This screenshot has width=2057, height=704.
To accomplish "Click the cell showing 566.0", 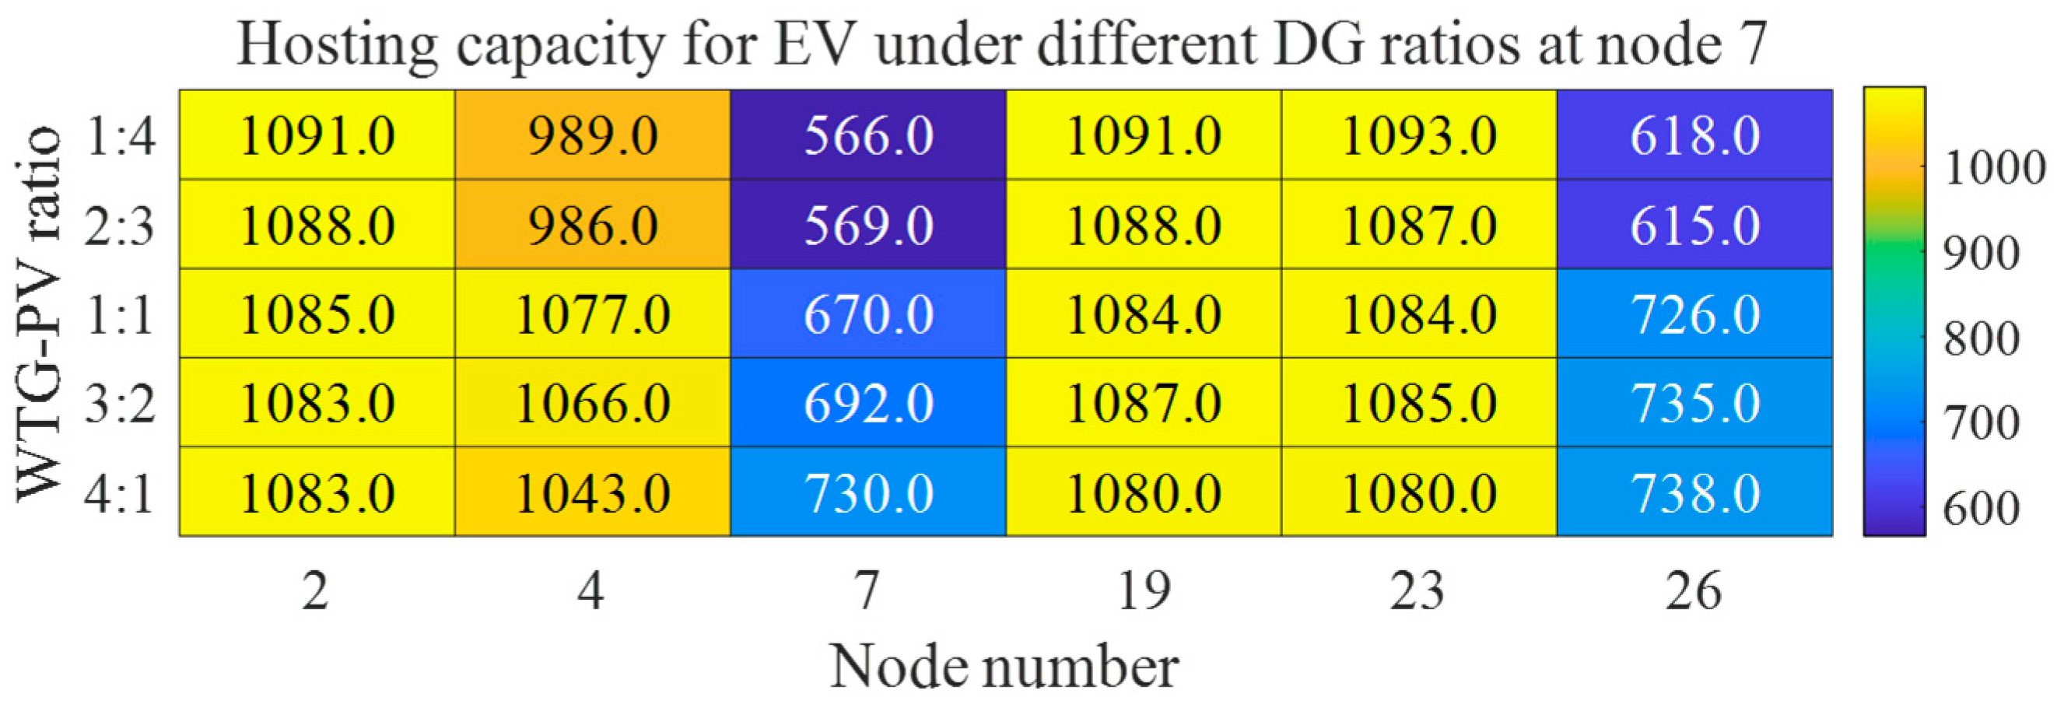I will [868, 135].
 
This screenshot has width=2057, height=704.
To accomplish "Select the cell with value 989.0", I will [593, 135].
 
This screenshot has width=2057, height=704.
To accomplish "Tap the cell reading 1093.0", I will [1419, 135].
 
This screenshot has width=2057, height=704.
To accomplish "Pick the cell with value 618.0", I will [1694, 135].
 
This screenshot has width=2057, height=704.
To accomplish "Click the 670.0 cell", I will [868, 313].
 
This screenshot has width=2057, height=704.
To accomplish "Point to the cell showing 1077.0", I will [593, 313].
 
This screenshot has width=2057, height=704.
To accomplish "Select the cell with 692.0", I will [868, 403].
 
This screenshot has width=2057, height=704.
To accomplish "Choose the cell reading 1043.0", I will [593, 492].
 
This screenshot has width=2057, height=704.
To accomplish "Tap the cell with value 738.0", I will [1694, 492].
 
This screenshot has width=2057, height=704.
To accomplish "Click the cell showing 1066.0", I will [593, 403].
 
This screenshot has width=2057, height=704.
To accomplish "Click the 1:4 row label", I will [120, 135].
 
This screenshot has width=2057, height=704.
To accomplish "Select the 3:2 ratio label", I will [120, 403].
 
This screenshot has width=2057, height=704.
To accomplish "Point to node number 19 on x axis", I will [1144, 592].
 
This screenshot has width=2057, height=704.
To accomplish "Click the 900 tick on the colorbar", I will [1980, 254].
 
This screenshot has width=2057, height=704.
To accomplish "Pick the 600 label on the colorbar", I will [1980, 508].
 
